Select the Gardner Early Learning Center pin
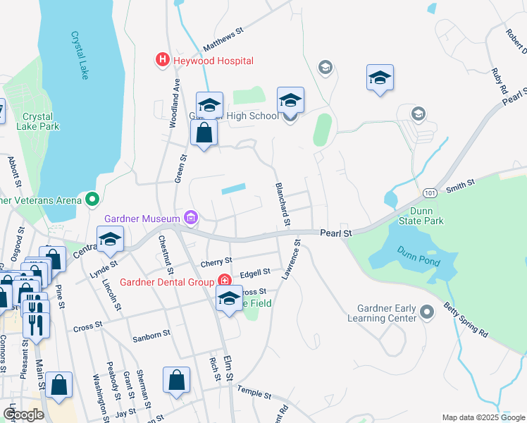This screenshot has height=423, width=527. click(426, 311)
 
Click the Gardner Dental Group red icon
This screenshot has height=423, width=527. click(225, 281)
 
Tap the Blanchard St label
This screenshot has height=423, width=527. click(281, 204)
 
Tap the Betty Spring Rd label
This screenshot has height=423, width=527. click(467, 319)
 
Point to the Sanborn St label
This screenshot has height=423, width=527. click(152, 338)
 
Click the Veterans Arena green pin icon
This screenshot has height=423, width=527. click(92, 200)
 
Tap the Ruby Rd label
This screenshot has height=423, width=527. click(500, 80)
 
